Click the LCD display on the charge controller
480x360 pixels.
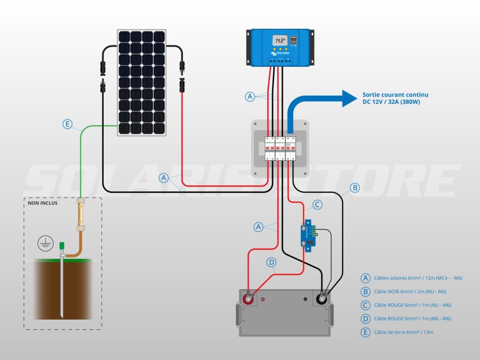pyautogui.click(x=280, y=40)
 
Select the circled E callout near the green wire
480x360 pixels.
pyautogui.click(x=68, y=124)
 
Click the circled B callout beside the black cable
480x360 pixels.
pyautogui.click(x=355, y=188)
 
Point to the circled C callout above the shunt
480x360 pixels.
pyautogui.click(x=317, y=204)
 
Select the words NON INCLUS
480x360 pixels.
pyautogui.click(x=43, y=203)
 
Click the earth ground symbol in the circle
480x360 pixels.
pyautogui.click(x=45, y=243)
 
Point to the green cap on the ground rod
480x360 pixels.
pyautogui.click(x=61, y=246)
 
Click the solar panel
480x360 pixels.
pyautogui.click(x=142, y=82)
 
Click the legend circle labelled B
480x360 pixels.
pyautogui.click(x=366, y=292)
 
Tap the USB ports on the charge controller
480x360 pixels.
pyautogui.click(x=294, y=40)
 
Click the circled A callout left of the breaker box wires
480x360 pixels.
pyautogui.click(x=164, y=178)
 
